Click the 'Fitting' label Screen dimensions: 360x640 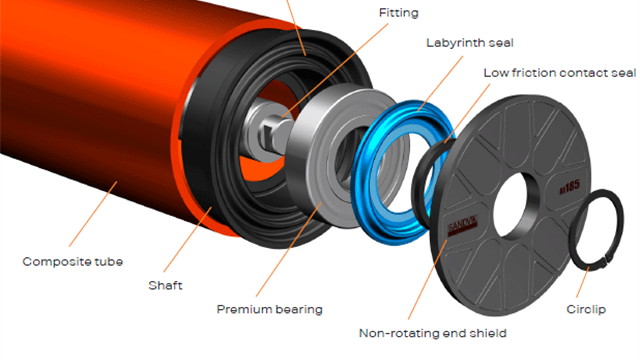(x=399, y=13)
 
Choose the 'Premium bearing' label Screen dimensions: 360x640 (x=270, y=309)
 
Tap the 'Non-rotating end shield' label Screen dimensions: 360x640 (x=432, y=332)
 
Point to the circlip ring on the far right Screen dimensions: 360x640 (x=600, y=230)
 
